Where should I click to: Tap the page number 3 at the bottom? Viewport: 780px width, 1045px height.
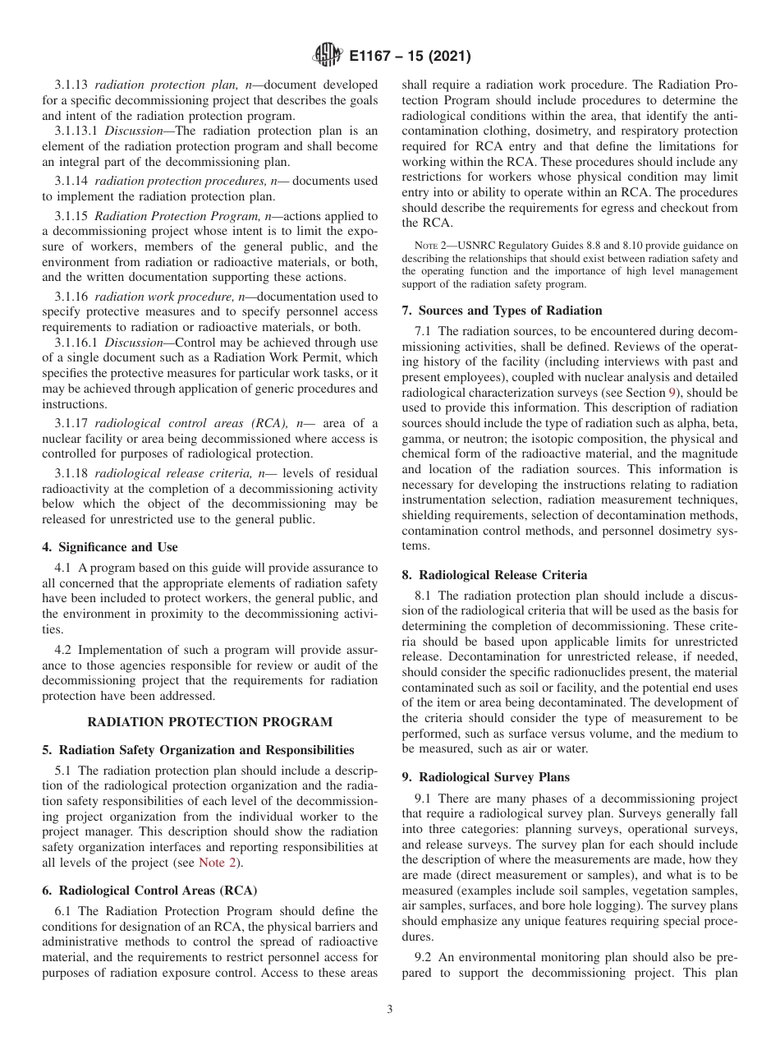pos(390,1010)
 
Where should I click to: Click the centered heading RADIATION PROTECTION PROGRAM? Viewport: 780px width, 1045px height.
pos(210,722)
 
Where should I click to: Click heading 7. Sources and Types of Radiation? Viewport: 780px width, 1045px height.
pos(502,311)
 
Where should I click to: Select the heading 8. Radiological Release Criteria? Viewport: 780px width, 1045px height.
pos(494,575)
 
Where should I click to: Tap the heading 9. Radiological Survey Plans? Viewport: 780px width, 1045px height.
pos(485,777)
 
